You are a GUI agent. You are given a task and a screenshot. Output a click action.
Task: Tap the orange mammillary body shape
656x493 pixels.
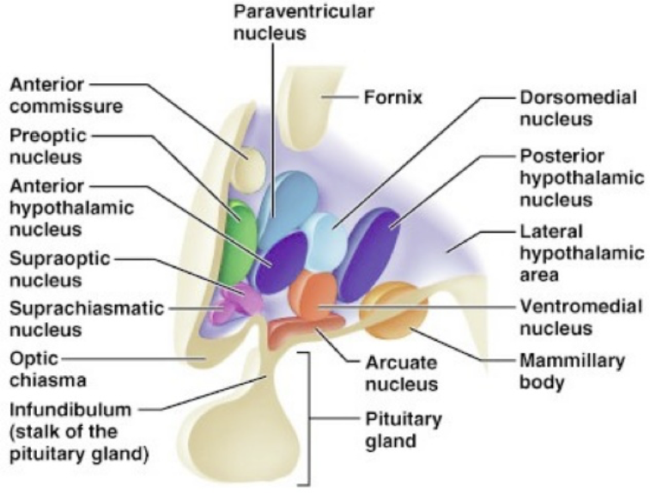[392, 313]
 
